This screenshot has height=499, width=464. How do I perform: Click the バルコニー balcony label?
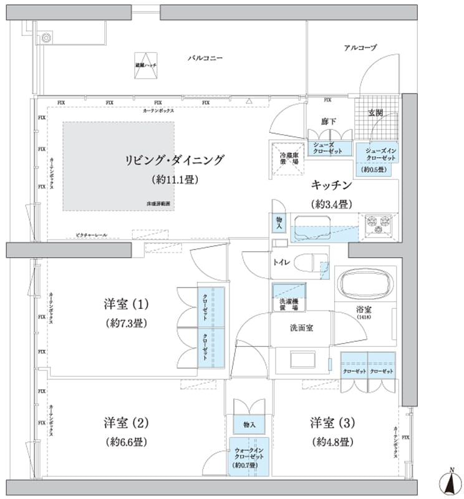(205, 58)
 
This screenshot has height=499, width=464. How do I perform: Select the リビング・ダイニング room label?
(174, 160)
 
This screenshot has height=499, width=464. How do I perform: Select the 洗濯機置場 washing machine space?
(288, 295)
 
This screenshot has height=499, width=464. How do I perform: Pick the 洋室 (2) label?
(126, 423)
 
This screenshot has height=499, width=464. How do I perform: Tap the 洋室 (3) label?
(332, 423)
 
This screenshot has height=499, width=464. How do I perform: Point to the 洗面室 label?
(301, 327)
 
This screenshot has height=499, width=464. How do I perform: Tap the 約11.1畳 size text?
(174, 180)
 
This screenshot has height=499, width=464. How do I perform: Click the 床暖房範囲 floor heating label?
(158, 204)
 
